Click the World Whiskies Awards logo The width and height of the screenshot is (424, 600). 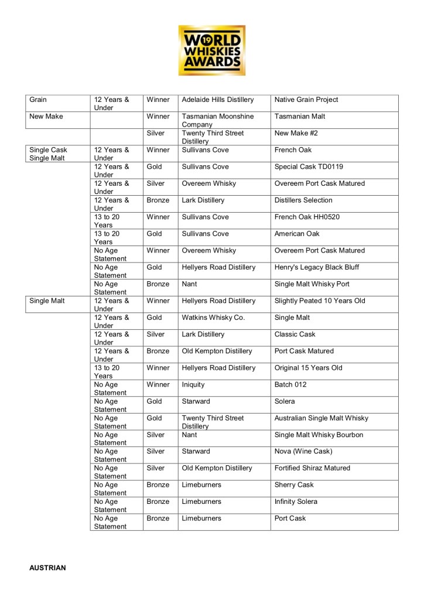211,50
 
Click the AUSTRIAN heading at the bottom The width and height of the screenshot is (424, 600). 48,568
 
